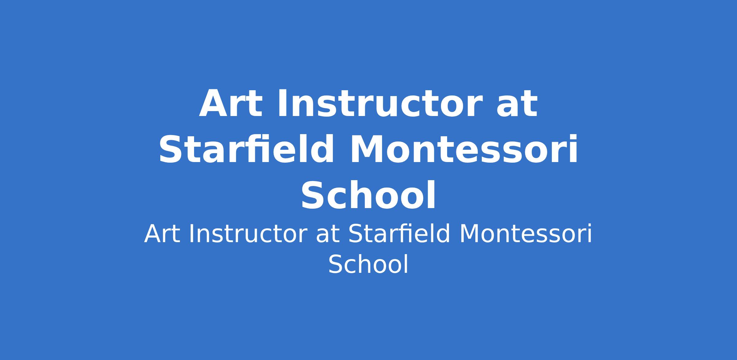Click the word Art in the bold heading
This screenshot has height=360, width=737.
point(231,104)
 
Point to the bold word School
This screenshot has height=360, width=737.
point(368,195)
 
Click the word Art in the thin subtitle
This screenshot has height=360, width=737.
point(162,234)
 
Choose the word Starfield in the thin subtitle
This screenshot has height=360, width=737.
point(399,234)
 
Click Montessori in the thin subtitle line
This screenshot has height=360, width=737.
point(525,234)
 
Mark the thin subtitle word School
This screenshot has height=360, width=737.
point(368,264)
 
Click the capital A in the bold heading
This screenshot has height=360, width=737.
point(214,104)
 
